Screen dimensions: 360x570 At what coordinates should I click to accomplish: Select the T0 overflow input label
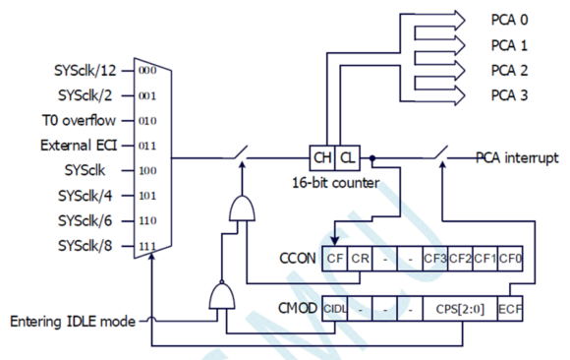click(87, 121)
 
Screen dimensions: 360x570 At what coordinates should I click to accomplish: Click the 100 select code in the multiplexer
click(147, 169)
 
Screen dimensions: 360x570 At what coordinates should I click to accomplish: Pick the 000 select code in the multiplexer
click(147, 71)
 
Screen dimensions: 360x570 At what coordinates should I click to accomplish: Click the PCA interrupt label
click(518, 157)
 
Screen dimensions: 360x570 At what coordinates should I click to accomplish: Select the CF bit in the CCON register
click(334, 261)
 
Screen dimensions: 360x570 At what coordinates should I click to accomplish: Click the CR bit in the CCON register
click(360, 261)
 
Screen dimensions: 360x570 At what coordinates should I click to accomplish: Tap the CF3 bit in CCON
click(434, 261)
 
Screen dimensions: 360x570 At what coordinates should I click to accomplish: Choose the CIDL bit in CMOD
click(334, 308)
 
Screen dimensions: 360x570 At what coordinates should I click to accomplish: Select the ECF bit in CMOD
click(510, 308)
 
